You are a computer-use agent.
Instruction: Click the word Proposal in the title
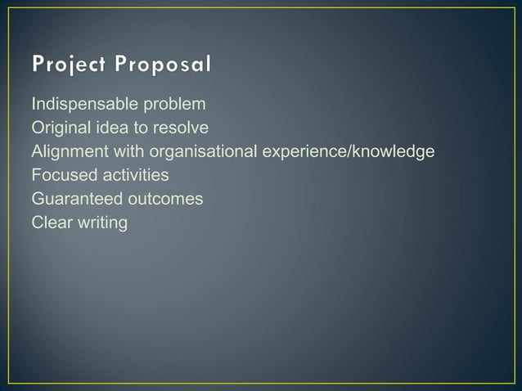click(x=164, y=64)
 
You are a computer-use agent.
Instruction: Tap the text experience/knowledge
click(x=349, y=152)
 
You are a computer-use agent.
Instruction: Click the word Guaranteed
click(x=74, y=199)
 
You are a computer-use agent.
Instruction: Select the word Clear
click(x=50, y=222)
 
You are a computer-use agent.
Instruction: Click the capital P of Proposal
click(x=120, y=64)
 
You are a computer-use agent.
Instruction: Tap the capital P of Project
click(x=38, y=64)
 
